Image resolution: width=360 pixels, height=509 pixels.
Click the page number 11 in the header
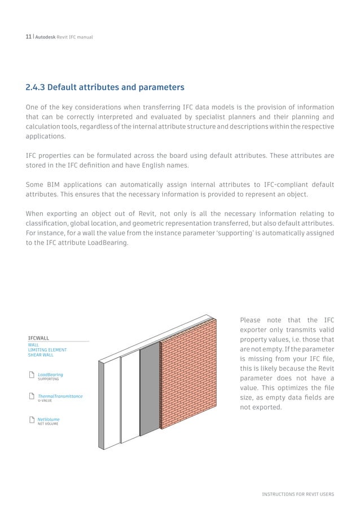tap(28, 37)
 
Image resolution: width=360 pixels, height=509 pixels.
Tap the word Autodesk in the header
tap(45, 37)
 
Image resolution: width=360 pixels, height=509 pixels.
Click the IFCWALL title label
tap(38, 337)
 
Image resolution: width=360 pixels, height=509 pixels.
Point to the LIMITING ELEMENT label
tap(47, 350)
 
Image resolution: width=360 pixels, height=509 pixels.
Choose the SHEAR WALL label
tap(41, 355)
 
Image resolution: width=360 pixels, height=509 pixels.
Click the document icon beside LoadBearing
tap(31, 375)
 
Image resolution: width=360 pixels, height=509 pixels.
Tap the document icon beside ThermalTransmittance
tap(31, 397)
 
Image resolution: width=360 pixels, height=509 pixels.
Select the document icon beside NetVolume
tap(31, 420)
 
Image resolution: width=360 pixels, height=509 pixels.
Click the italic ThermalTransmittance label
tap(60, 396)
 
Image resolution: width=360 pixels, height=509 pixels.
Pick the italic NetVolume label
tap(49, 419)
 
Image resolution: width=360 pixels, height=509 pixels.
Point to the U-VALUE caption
tap(45, 401)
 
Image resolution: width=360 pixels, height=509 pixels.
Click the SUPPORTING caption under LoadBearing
tap(48, 379)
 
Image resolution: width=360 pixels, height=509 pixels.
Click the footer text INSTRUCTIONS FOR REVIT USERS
tap(297, 494)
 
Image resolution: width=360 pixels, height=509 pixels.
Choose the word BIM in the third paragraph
tap(56, 185)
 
